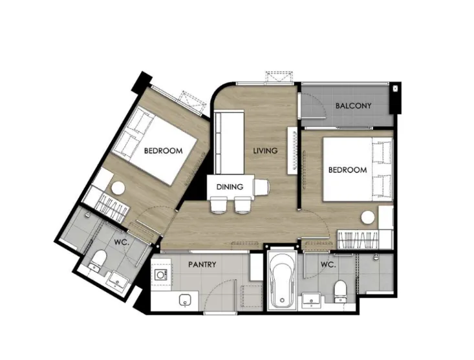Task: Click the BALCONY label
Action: (353, 106)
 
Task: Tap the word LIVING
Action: (265, 151)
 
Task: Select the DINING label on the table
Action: (230, 187)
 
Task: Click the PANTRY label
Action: (202, 264)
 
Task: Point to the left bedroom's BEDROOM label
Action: (163, 151)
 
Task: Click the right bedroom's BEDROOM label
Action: (348, 170)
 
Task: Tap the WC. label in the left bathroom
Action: (122, 242)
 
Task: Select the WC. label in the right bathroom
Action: (329, 265)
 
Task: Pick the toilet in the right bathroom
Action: (340, 291)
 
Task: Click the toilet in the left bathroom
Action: (98, 259)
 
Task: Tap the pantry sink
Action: (185, 301)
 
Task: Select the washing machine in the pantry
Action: (162, 275)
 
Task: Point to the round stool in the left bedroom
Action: (118, 189)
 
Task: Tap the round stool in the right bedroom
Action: (368, 217)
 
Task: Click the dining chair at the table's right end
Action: (261, 187)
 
